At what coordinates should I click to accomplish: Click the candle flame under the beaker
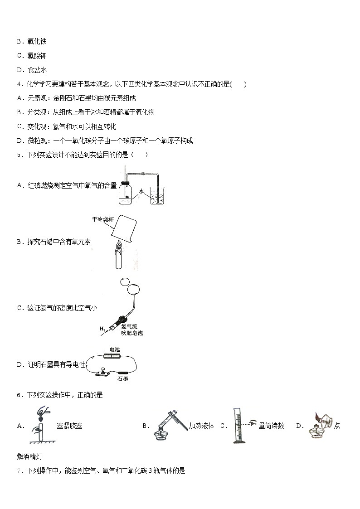[119, 247]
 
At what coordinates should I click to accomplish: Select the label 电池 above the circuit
[109, 349]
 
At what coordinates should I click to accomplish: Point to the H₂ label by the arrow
[103, 328]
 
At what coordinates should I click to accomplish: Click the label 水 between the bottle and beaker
[141, 191]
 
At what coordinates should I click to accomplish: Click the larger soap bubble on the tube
[133, 289]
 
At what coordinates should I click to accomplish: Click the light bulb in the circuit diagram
[103, 369]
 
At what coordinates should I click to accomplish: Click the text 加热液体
[201, 426]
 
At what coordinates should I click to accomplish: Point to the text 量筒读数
[271, 426]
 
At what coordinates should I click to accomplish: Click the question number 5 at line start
[19, 155]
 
